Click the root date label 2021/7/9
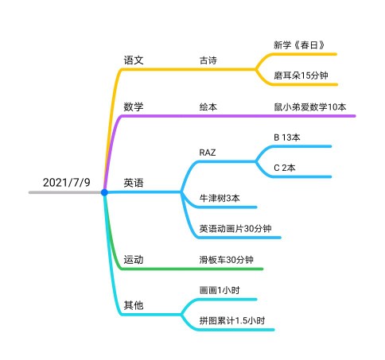coord(67,183)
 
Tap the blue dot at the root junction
coord(104,192)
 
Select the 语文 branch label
coord(134,60)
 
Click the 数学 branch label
coord(134,106)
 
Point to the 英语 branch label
coord(134,183)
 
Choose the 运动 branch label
coord(134,260)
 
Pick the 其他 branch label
coord(134,305)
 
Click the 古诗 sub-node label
coord(208,60)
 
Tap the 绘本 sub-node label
coord(208,106)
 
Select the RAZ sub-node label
coord(208,153)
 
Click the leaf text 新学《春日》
coord(299,45)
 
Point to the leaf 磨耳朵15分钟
coord(301,75)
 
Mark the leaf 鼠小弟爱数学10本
coord(310,106)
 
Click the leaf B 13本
coord(287,137)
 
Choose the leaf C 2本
coord(285,168)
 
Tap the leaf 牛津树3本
coord(220,198)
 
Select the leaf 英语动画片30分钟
coord(235,228)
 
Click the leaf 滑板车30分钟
coord(227,260)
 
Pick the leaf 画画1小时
coord(220,290)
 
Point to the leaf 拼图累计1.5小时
coord(232,320)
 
